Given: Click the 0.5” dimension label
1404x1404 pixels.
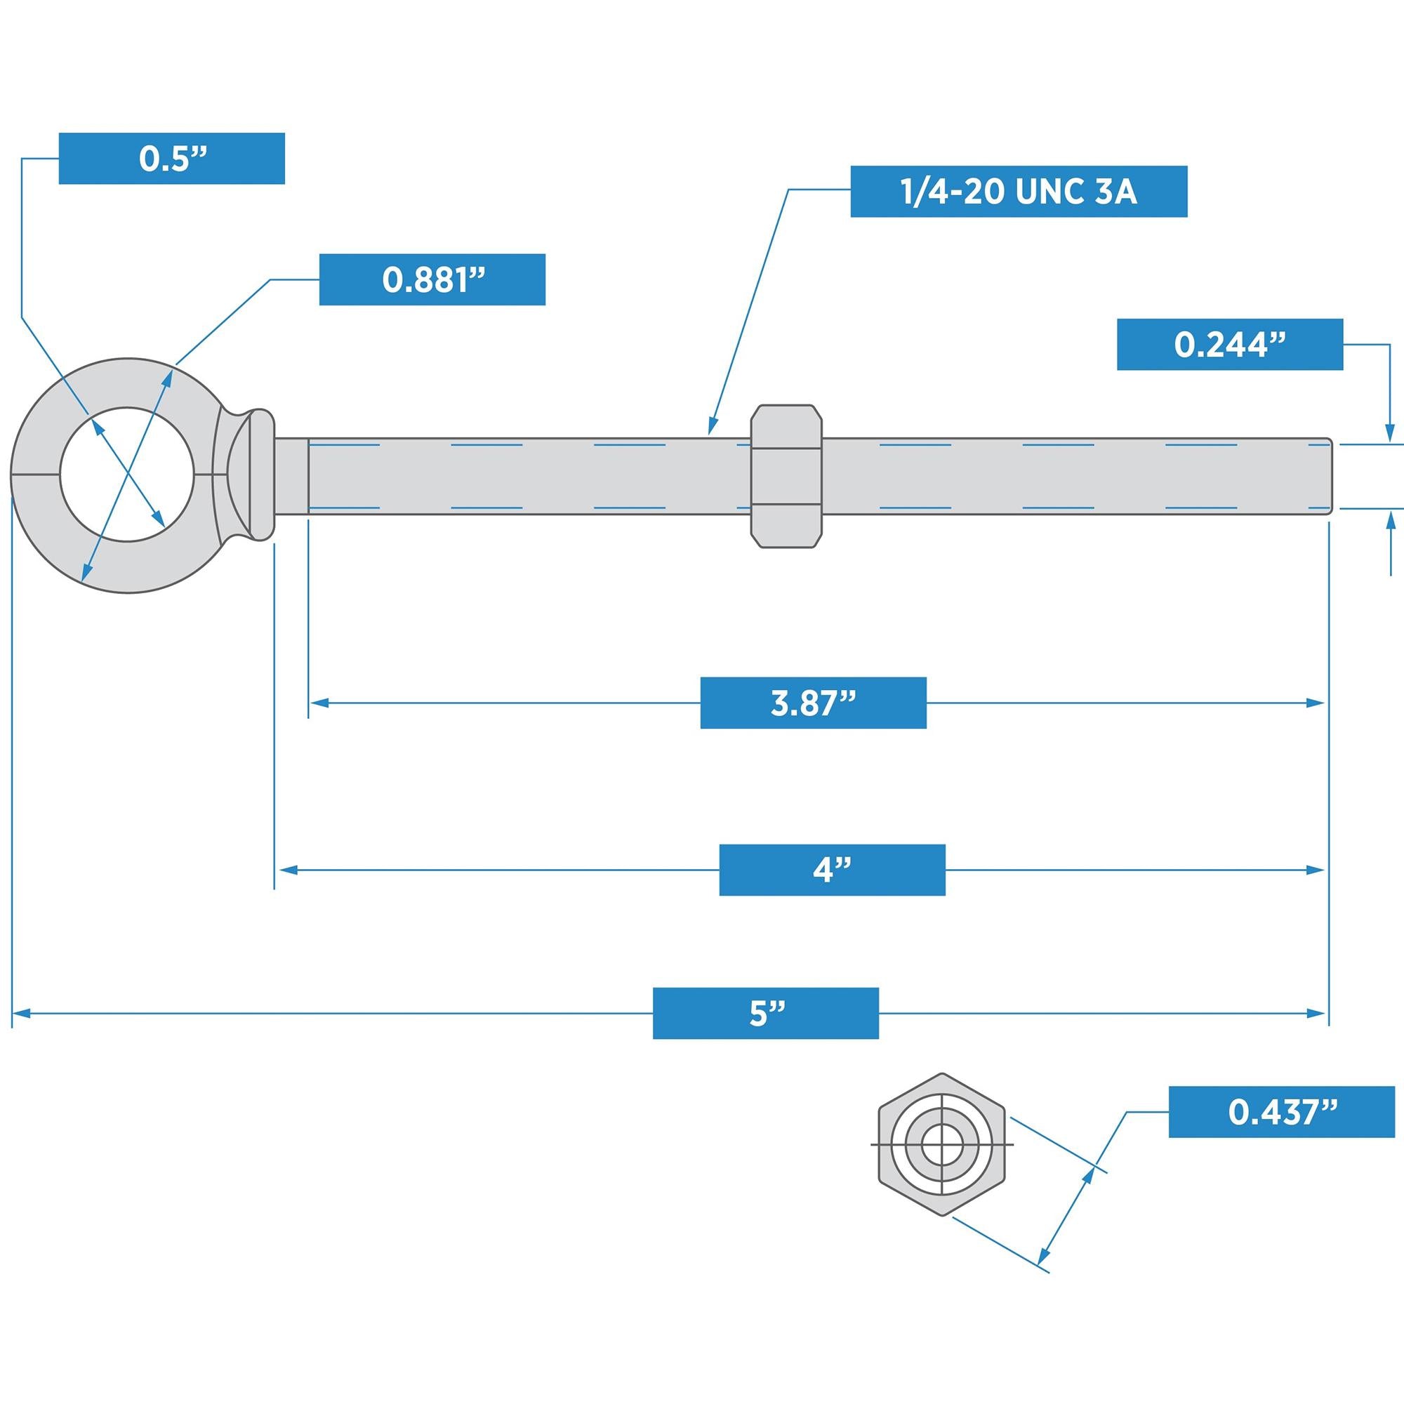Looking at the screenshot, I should point(171,159).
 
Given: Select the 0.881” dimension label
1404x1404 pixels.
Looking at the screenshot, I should point(432,280).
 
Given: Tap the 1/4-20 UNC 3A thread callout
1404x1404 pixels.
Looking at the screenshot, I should point(1019,192).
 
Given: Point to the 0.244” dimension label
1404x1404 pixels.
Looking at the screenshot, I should point(1230,345).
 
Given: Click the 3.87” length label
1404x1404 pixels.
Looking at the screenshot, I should point(813,703).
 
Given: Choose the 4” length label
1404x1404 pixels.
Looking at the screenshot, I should point(832,870).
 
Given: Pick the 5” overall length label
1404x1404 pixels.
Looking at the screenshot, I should point(766,1013).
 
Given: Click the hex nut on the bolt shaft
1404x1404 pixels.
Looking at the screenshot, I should point(786,476).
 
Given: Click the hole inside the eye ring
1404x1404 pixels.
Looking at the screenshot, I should point(126,475).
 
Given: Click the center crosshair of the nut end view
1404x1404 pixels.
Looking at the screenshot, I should point(942,1145).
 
